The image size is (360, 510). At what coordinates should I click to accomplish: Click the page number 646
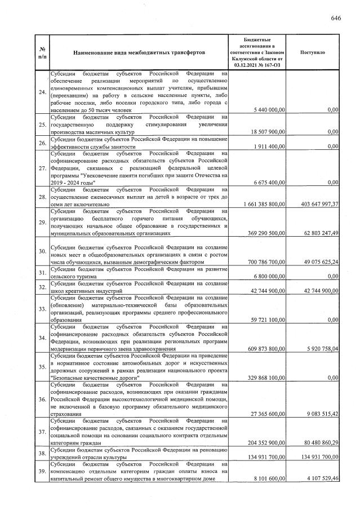click(x=336, y=18)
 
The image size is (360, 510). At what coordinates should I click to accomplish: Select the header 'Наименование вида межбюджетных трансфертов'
click(x=139, y=52)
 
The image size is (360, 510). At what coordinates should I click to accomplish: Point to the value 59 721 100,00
click(x=266, y=320)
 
